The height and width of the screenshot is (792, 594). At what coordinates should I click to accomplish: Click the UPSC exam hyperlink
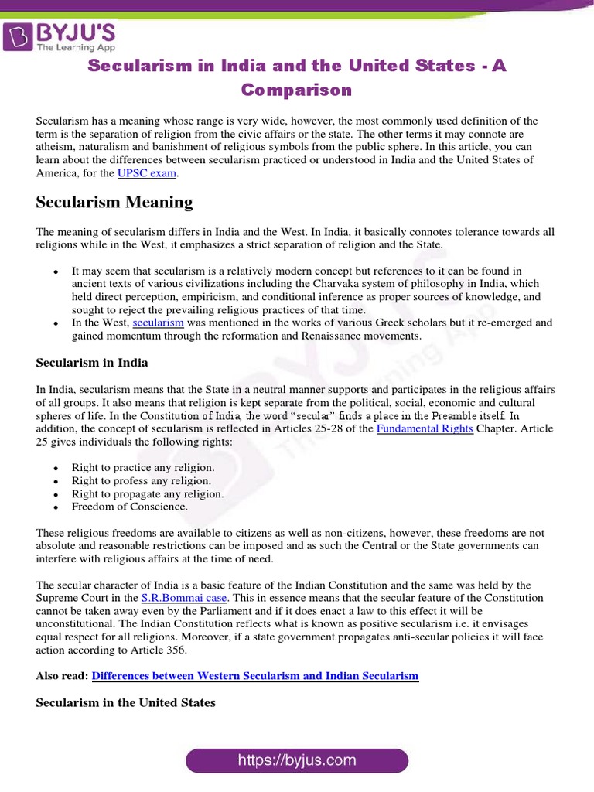click(147, 173)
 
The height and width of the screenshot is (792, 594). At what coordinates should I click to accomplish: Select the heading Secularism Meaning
click(114, 203)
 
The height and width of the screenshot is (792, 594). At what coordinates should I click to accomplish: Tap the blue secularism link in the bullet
click(158, 323)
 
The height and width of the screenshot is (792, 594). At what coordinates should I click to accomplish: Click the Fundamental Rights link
click(425, 428)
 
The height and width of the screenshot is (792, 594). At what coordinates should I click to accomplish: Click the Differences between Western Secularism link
click(255, 675)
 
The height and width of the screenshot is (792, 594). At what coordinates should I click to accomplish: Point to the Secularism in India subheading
click(92, 362)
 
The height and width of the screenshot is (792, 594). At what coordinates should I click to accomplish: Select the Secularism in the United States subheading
click(125, 702)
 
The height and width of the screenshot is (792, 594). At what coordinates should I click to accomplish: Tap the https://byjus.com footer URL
click(297, 760)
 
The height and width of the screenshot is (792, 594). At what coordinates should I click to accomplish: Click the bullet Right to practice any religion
click(143, 468)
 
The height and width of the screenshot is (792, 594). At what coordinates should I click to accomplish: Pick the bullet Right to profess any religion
click(142, 481)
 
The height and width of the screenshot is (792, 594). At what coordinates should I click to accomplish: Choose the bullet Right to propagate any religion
click(148, 493)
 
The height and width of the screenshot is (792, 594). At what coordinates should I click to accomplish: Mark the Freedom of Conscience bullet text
click(130, 507)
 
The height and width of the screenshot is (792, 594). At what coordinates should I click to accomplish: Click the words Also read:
click(62, 675)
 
